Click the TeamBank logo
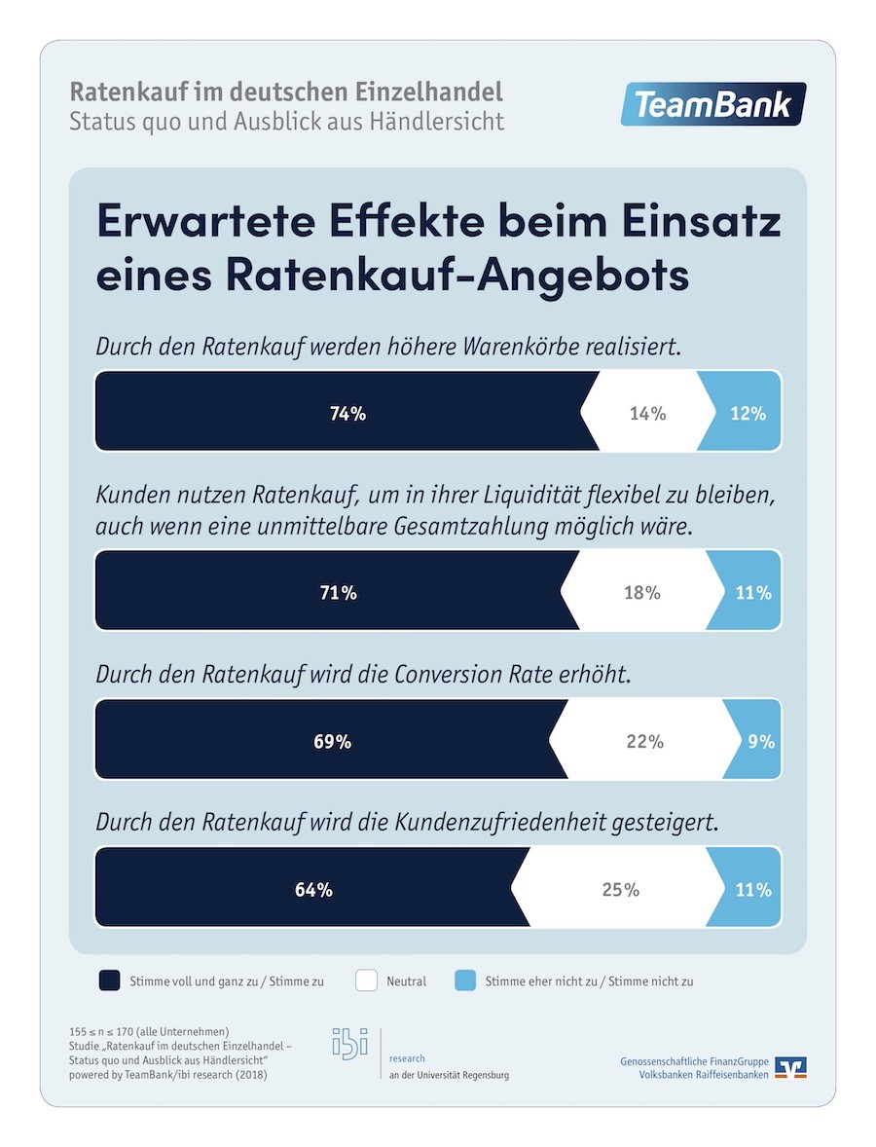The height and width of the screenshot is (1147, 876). click(713, 105)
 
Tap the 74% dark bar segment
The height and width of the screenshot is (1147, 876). click(347, 413)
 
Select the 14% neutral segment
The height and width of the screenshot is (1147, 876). click(647, 413)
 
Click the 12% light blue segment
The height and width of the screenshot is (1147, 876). click(748, 413)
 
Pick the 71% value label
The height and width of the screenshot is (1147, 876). click(338, 592)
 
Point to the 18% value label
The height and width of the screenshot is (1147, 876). click(641, 592)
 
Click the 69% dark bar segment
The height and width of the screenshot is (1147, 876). click(331, 741)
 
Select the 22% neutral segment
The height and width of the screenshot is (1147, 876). click(644, 741)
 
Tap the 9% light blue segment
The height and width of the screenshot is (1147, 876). click(759, 741)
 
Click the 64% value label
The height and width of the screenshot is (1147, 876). click(313, 889)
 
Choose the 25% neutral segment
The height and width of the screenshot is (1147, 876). click(620, 889)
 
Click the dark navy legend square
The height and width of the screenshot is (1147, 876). click(109, 980)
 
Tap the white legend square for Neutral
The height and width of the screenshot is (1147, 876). click(366, 980)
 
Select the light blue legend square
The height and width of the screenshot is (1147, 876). click(465, 980)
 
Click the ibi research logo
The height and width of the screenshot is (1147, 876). click(350, 1043)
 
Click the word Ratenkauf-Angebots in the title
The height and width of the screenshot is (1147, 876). click(458, 274)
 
